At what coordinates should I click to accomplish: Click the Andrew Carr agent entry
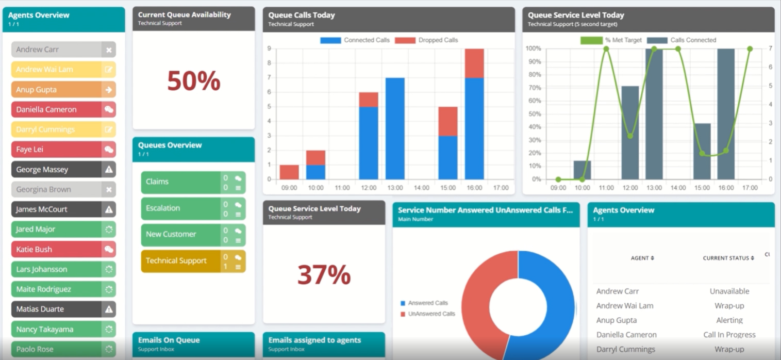(57, 50)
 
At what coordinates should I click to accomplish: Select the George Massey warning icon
(109, 169)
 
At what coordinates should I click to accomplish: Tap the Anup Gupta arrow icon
(109, 89)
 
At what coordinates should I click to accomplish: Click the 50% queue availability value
(193, 81)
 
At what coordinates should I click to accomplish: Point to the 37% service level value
(324, 274)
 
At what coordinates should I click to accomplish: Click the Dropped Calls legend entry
(427, 40)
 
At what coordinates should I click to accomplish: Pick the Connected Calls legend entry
(356, 40)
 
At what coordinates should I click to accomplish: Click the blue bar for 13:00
(395, 129)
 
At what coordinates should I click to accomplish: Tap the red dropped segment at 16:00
(474, 63)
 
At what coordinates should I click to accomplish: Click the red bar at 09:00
(289, 172)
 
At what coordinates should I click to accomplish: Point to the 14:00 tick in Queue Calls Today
(421, 188)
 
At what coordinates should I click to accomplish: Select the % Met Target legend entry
(611, 40)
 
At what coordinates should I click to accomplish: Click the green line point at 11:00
(606, 49)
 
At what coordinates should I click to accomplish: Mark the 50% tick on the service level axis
(534, 114)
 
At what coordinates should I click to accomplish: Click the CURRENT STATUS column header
(728, 258)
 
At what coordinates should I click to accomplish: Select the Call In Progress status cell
(729, 335)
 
